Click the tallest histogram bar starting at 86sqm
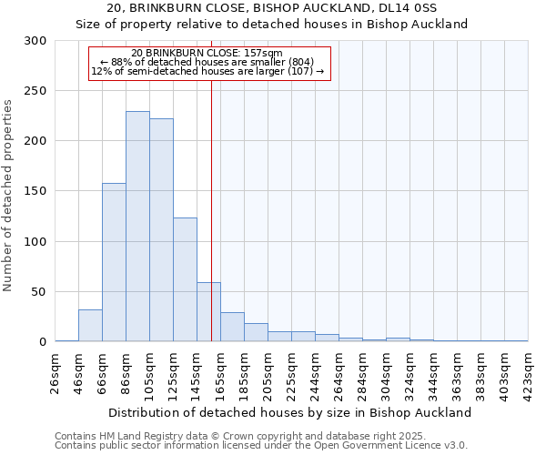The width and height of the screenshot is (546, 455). coord(137,227)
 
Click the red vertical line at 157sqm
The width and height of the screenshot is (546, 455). coord(211,182)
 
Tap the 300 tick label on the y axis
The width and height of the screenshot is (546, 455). coord(35,41)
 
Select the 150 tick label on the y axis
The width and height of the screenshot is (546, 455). coord(35,192)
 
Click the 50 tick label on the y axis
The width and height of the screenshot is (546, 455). coord(39,292)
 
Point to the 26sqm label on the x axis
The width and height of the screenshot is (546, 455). coord(56,373)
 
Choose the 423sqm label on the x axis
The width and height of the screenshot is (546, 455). coord(528,373)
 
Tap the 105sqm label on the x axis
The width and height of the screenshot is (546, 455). coord(150,373)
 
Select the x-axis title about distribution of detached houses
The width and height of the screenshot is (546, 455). coord(291,412)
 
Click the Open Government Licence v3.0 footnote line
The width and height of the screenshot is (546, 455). coord(260,446)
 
